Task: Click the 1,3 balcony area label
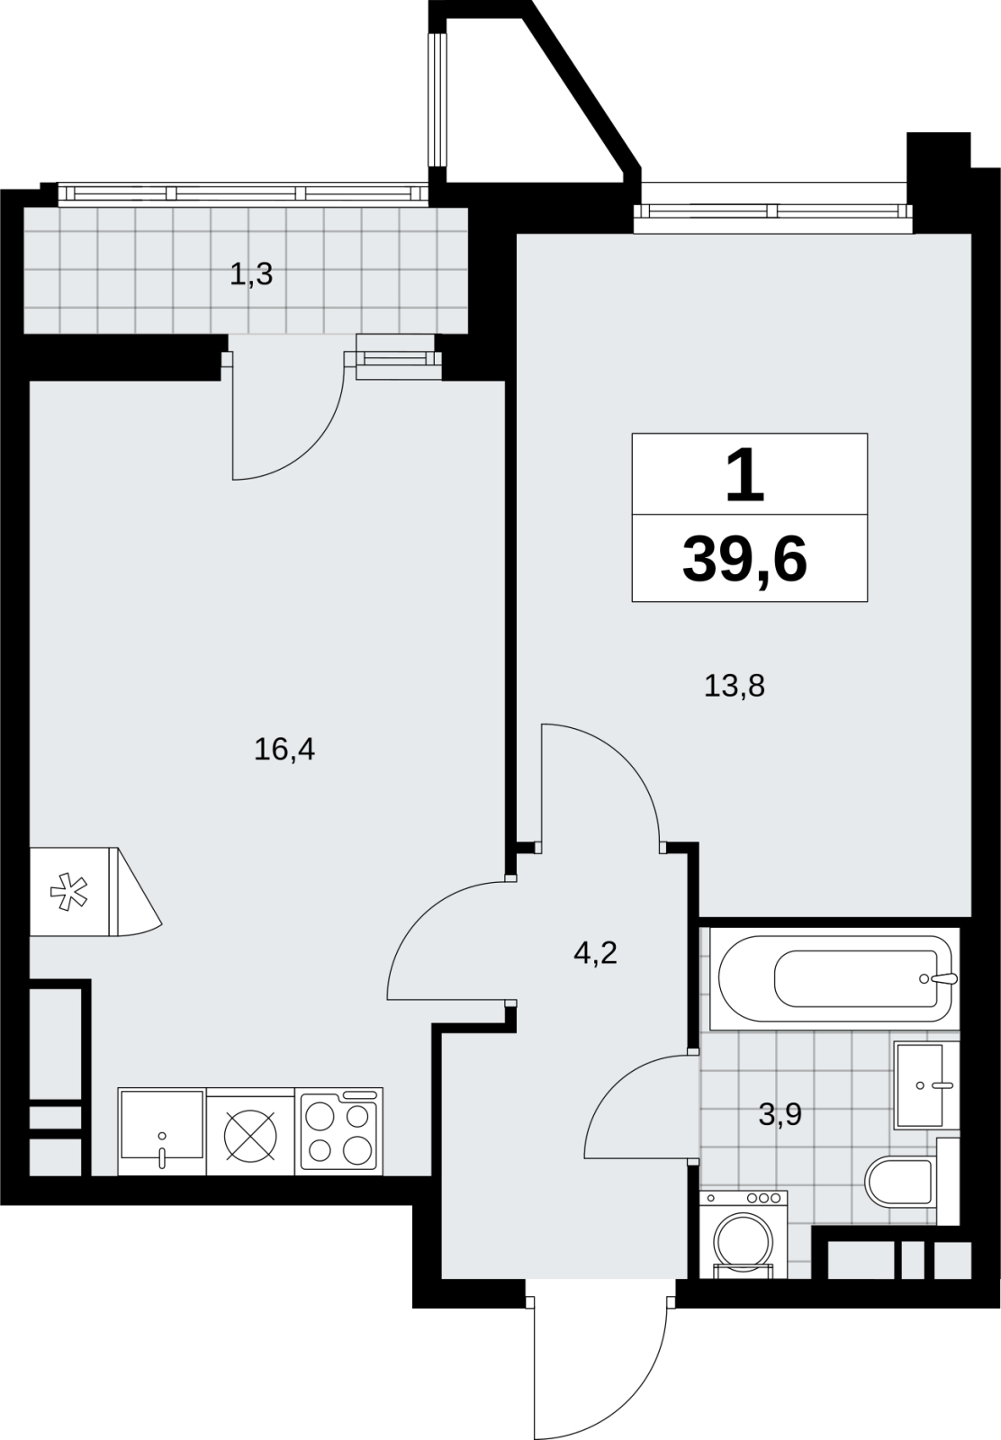pyautogui.click(x=251, y=274)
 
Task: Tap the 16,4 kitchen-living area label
pyautogui.click(x=284, y=750)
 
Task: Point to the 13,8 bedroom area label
pyautogui.click(x=735, y=686)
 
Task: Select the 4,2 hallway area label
pyautogui.click(x=595, y=953)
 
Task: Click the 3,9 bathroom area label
pyautogui.click(x=780, y=1114)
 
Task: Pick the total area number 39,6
pyautogui.click(x=744, y=561)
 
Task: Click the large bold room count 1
pyautogui.click(x=745, y=476)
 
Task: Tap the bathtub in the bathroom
pyautogui.click(x=834, y=979)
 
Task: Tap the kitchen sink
pyautogui.click(x=162, y=1131)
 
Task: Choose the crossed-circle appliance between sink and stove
pyautogui.click(x=251, y=1135)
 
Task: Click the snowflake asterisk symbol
pyautogui.click(x=68, y=891)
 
